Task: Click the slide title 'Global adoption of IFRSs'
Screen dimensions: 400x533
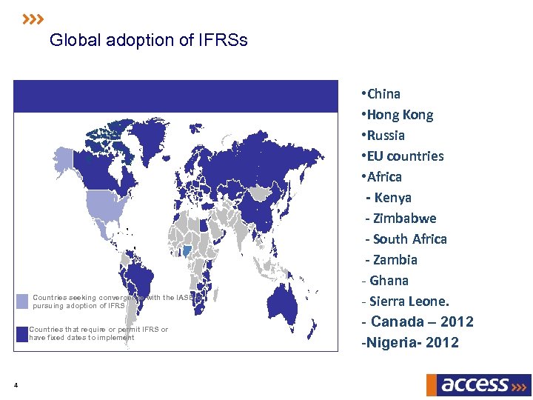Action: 148,40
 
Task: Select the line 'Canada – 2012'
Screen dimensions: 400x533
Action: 418,322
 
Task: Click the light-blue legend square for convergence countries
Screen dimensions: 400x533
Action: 22,301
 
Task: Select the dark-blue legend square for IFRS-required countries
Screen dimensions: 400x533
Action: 22,333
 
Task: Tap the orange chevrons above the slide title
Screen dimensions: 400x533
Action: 33,19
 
